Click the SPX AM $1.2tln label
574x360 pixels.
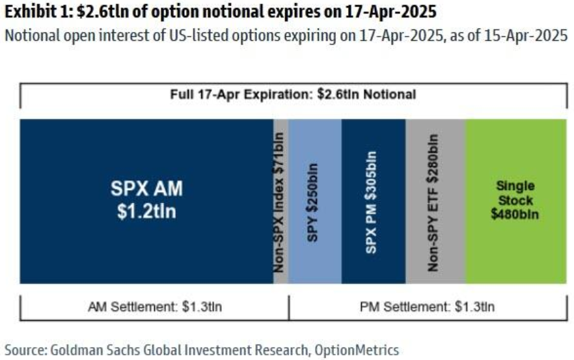[x=146, y=201]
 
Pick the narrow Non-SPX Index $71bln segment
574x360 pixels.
[x=280, y=201]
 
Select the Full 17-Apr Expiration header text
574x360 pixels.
[x=292, y=94]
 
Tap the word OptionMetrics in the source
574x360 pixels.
[x=357, y=350]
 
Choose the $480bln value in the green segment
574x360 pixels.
[x=515, y=213]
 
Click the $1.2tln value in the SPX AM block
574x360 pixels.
[x=146, y=213]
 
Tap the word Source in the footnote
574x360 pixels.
[x=24, y=350]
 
